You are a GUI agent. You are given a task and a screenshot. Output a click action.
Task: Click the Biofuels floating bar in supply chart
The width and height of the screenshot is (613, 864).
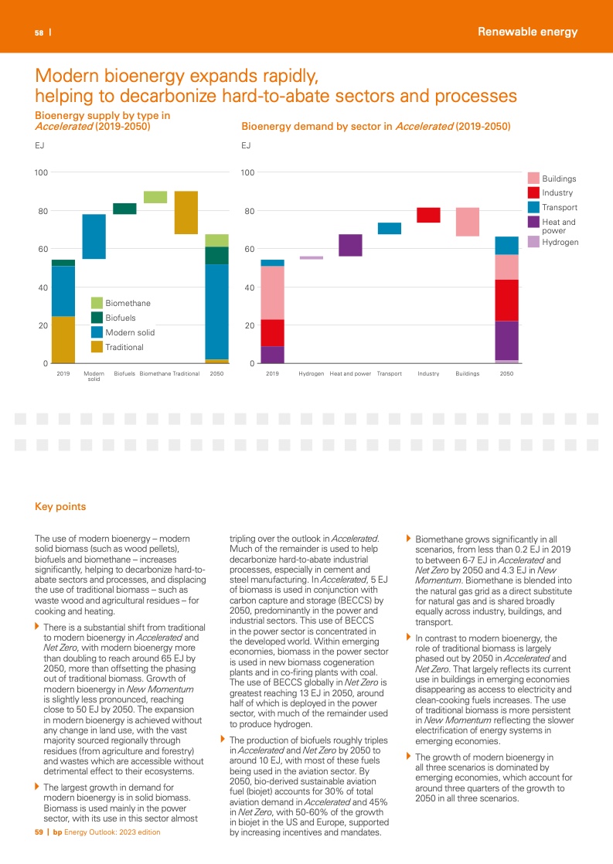point(124,209)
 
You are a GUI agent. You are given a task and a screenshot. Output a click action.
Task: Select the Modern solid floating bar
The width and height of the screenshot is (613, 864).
point(94,236)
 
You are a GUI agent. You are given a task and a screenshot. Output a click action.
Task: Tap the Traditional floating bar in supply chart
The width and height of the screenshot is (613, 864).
point(186,213)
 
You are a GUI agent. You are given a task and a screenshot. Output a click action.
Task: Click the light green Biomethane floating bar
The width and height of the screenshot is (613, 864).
point(155,197)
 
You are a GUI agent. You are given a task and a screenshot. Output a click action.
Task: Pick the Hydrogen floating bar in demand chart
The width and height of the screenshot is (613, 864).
point(312,257)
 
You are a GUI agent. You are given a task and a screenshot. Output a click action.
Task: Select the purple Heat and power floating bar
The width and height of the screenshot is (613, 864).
point(350,245)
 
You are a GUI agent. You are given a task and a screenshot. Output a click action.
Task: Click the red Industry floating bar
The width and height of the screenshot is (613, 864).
point(428,215)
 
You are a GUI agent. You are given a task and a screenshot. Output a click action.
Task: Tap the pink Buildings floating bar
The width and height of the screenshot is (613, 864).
point(467,222)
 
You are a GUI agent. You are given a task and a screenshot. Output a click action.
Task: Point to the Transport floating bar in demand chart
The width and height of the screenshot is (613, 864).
point(390,228)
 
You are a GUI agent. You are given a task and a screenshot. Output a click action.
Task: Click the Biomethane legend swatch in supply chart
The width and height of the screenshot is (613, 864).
point(97,303)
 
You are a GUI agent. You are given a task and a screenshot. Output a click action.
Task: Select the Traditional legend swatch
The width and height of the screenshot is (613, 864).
point(97,347)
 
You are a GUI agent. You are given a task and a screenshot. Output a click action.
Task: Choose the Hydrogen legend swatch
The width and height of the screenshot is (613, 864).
point(533,242)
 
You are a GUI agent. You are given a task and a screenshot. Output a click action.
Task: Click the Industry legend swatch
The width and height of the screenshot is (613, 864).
point(533,192)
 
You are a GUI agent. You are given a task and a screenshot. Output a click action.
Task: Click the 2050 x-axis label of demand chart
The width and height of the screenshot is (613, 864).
point(506,373)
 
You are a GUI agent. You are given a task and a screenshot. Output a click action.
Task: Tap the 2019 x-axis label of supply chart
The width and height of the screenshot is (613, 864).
point(63,373)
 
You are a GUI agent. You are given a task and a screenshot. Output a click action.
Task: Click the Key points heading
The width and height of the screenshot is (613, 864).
point(60,507)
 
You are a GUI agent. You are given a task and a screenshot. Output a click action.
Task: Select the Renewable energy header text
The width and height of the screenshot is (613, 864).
point(527,32)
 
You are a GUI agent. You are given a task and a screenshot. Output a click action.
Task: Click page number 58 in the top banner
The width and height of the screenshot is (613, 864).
point(38,32)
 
